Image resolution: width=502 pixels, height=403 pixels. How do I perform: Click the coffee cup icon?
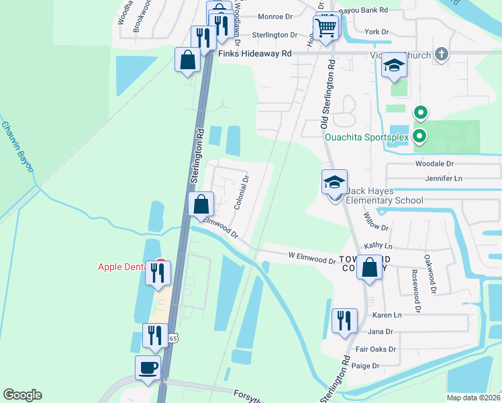(148, 368)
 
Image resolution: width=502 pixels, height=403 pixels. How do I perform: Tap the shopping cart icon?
(325, 28)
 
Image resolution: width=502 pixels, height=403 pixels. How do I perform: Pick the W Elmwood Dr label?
(311, 257)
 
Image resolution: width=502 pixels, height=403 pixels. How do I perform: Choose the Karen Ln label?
(387, 315)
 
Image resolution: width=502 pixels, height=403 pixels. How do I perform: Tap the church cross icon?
(441, 53)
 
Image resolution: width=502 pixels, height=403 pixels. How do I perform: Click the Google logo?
(22, 395)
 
